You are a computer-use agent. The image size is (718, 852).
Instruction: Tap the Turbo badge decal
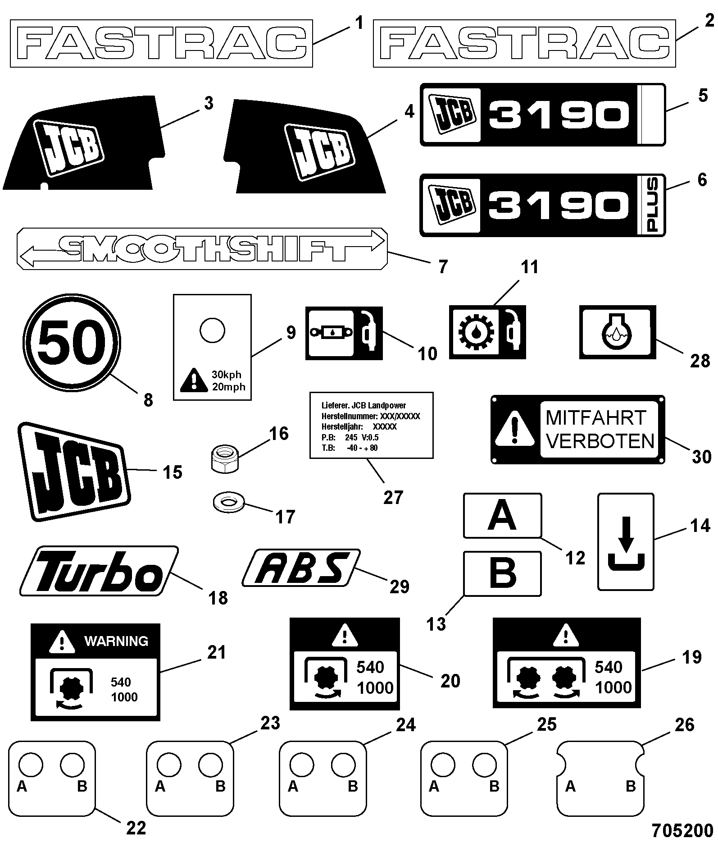99,571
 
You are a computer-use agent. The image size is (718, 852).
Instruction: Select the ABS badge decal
301,568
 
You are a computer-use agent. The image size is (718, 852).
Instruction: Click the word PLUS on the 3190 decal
651,205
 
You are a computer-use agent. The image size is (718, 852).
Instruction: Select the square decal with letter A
503,515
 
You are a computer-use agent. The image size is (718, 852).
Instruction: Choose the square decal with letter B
503,573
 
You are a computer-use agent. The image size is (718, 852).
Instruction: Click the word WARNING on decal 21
116,641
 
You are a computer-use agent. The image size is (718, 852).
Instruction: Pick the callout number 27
393,497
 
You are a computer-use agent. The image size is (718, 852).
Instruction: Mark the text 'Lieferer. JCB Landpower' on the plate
364,406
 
